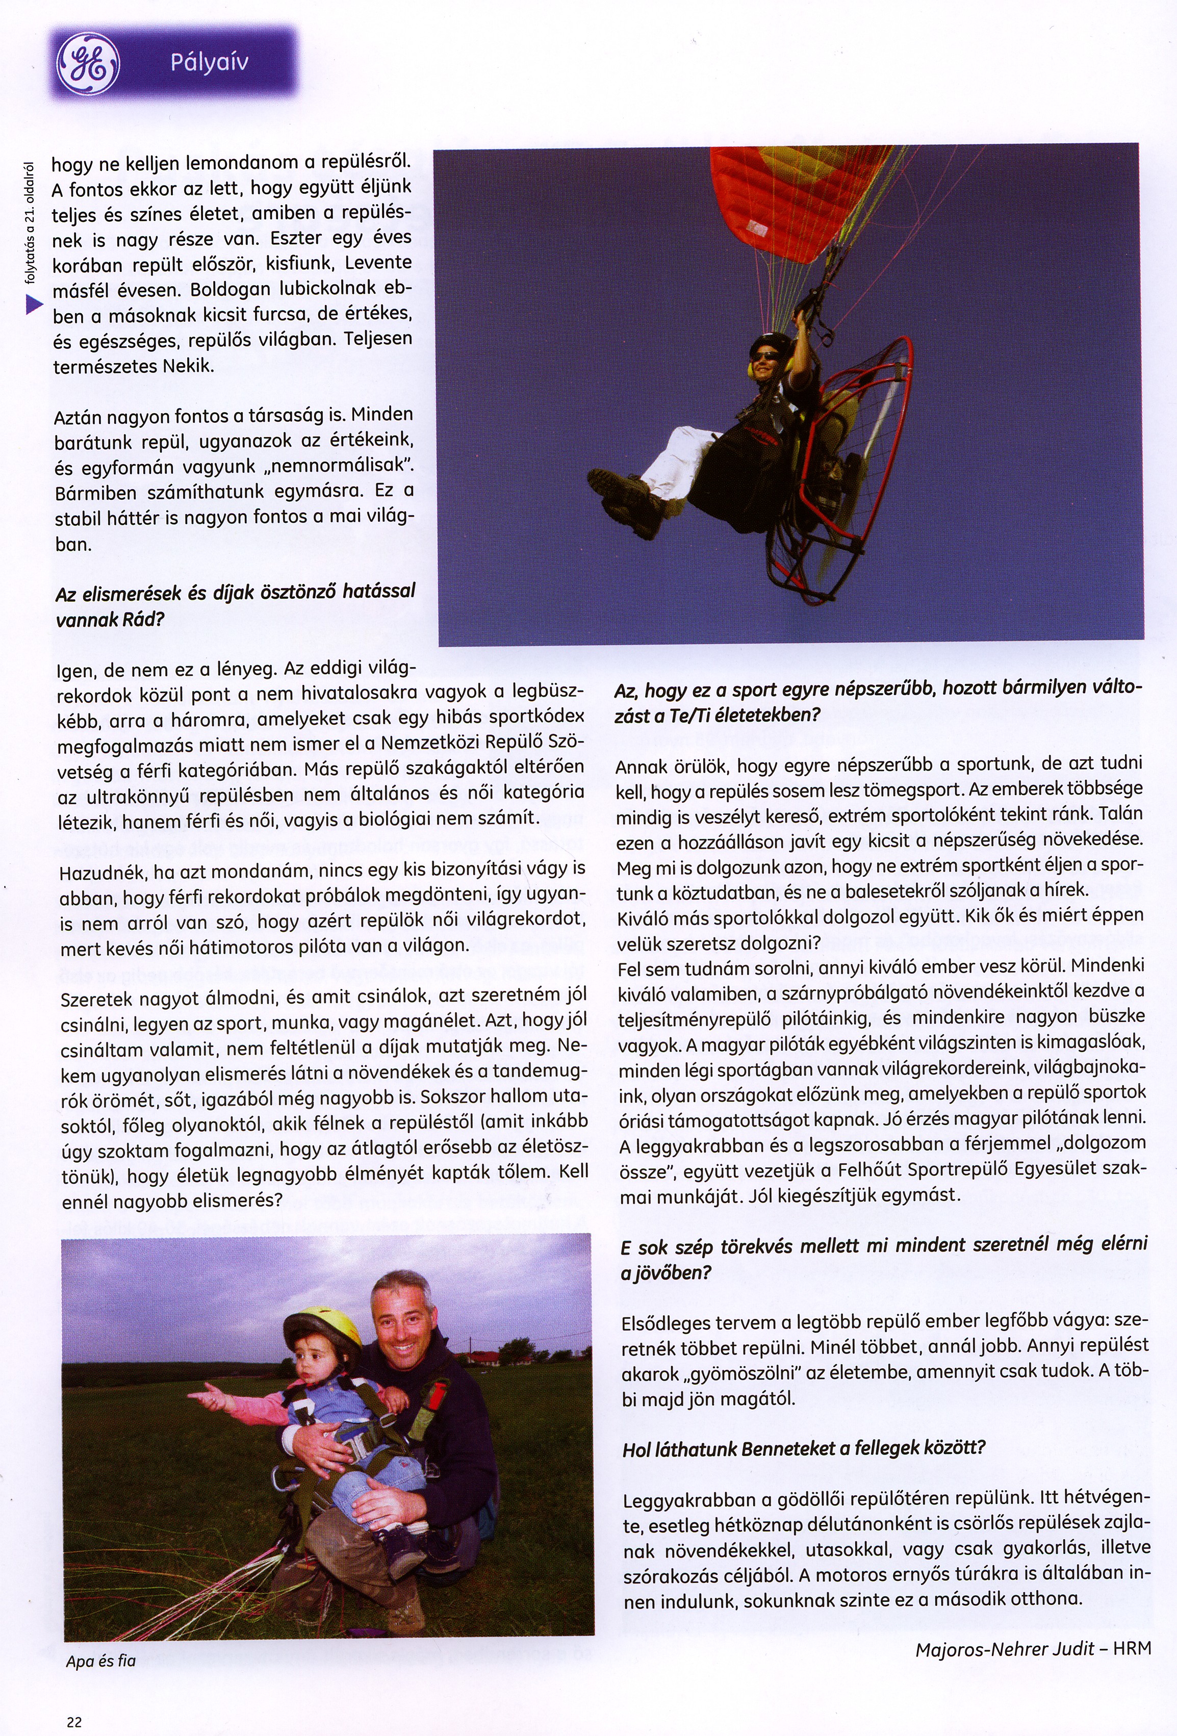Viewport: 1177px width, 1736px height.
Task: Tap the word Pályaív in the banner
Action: (x=209, y=62)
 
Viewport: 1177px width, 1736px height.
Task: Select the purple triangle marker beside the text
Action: (x=32, y=304)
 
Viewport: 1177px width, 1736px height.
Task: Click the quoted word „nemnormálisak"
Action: (x=350, y=466)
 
